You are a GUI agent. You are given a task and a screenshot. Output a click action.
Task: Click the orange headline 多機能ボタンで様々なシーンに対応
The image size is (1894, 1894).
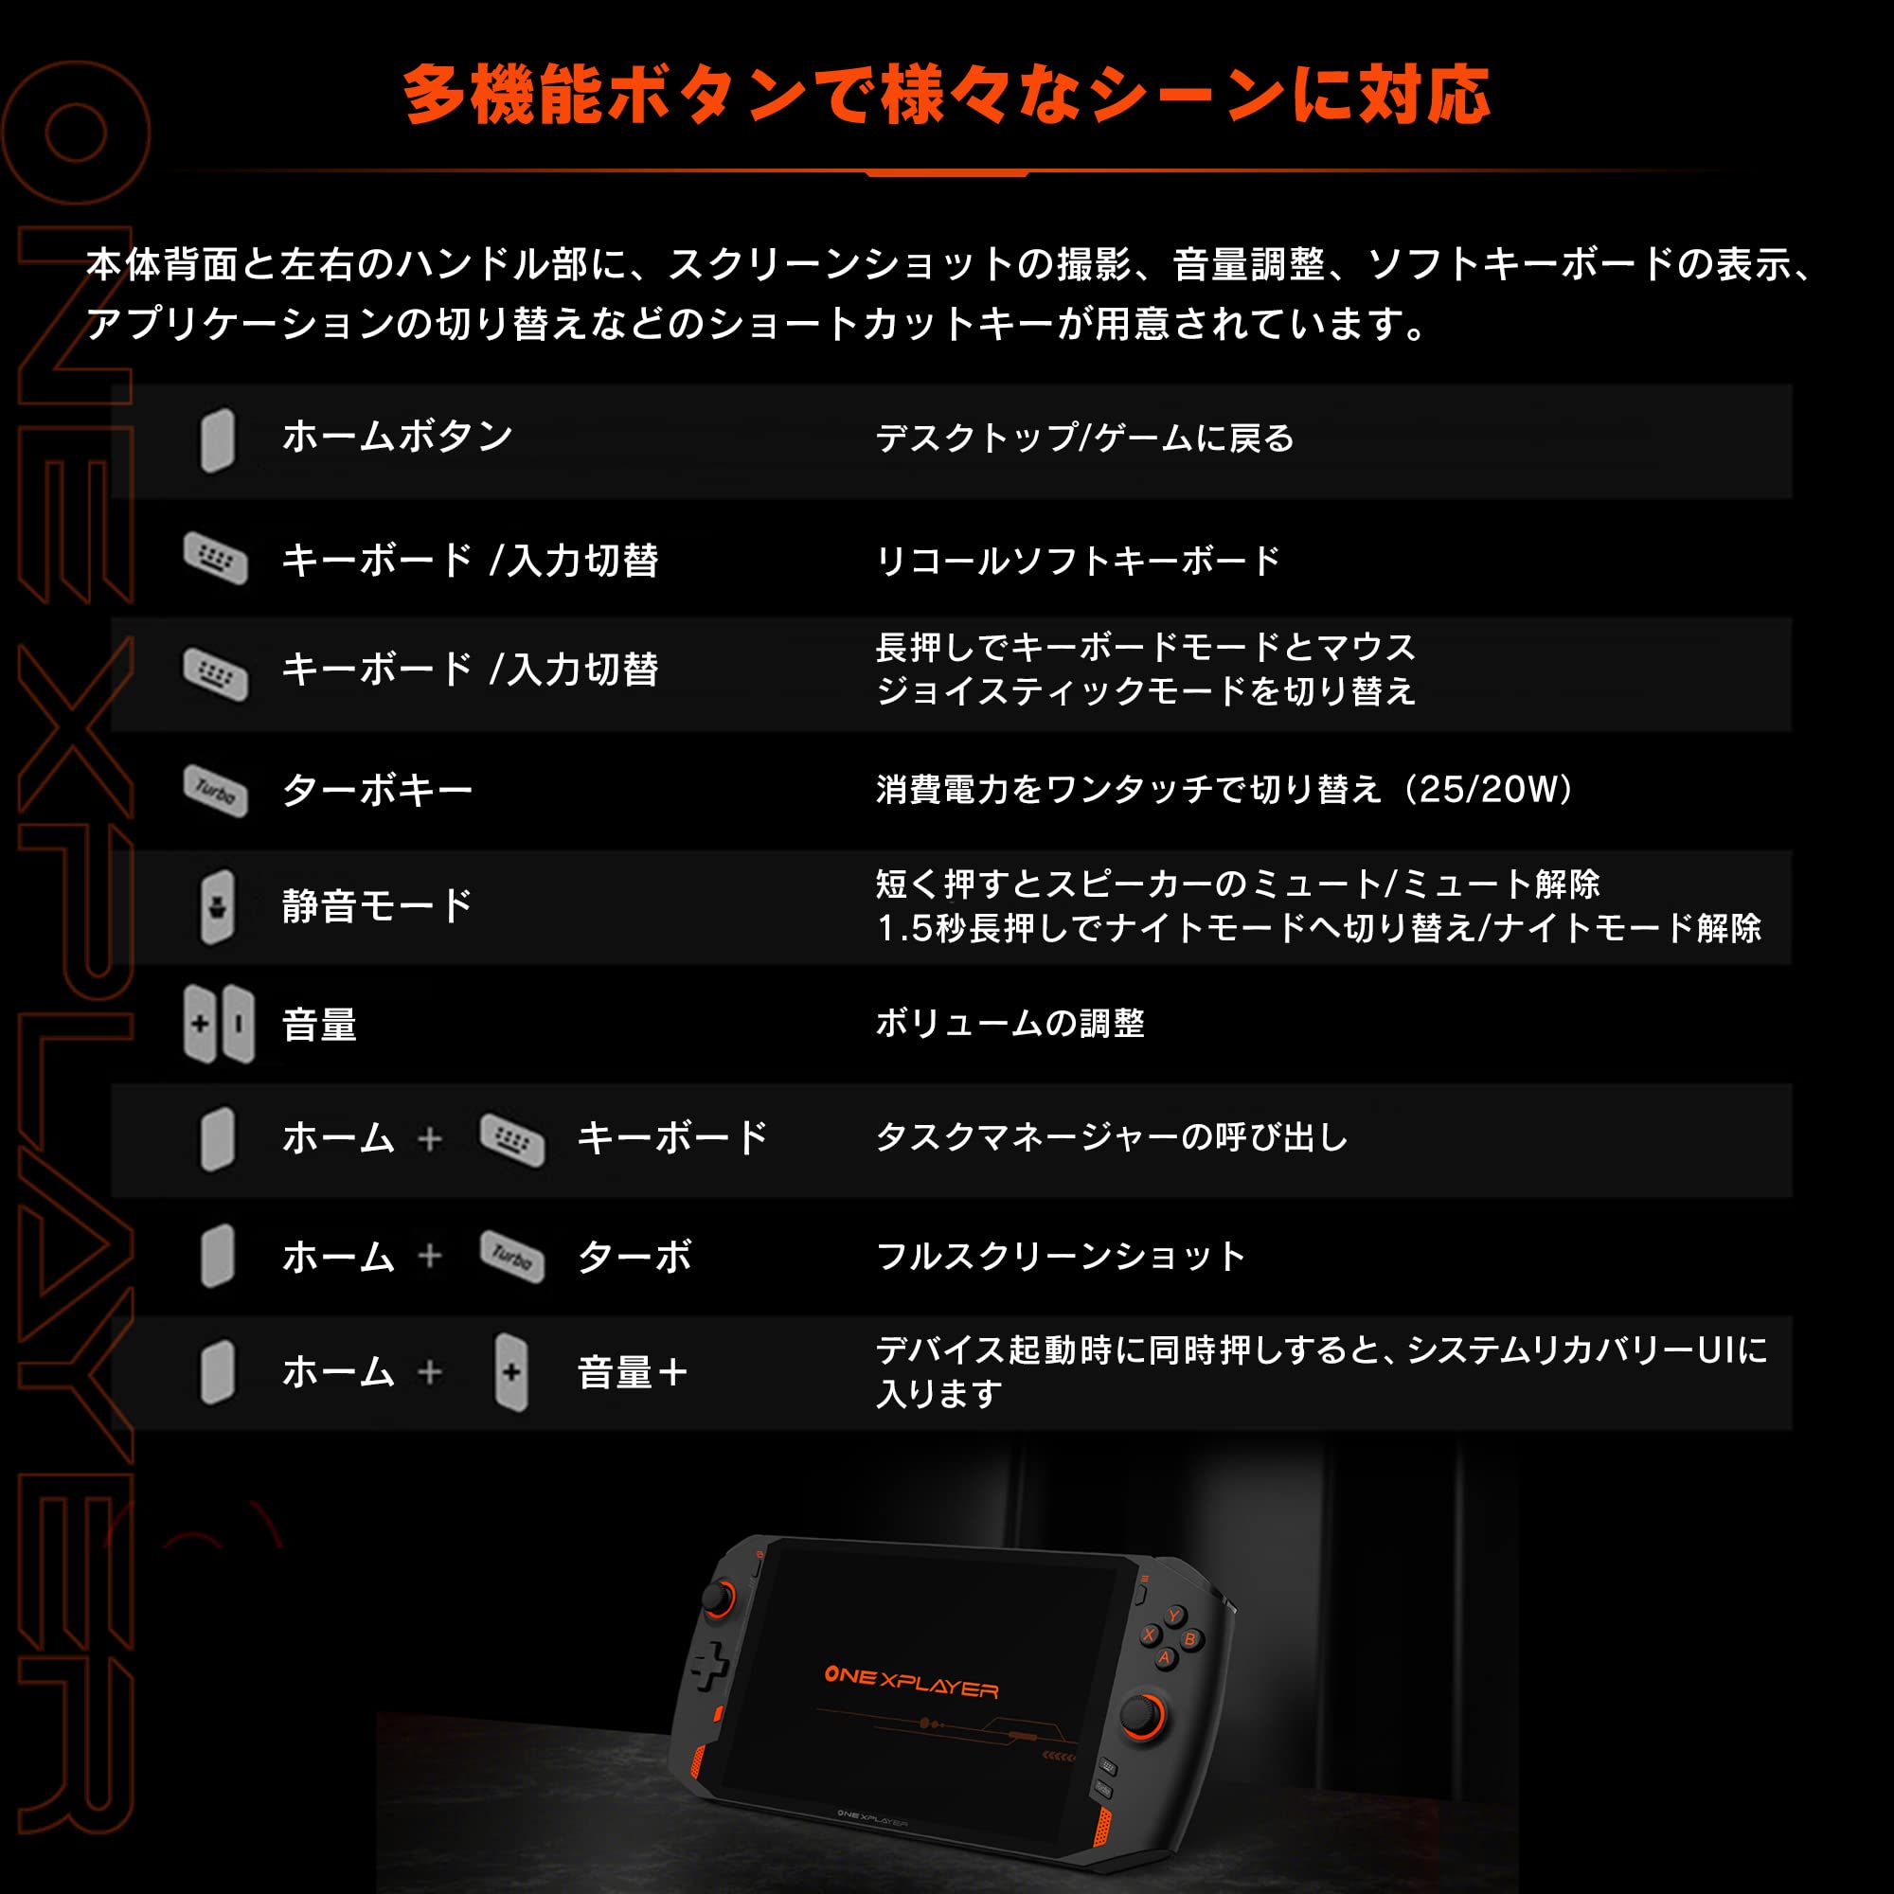click(946, 95)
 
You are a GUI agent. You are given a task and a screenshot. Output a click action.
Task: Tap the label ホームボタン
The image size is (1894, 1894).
click(397, 437)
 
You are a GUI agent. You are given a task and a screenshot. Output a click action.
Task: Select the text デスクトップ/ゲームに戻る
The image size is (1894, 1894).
click(1085, 438)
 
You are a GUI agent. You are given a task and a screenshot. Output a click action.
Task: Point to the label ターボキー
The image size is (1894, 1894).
click(378, 790)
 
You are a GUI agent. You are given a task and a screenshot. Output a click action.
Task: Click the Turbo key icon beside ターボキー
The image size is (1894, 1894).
click(216, 790)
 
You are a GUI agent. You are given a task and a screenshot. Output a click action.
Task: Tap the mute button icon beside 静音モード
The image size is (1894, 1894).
click(218, 907)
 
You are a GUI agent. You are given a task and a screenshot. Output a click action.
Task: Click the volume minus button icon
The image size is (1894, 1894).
click(239, 1025)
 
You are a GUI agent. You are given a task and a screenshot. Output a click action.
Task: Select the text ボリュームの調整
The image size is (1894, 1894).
click(1010, 1024)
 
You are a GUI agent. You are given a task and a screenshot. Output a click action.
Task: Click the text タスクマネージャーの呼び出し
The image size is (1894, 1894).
click(1112, 1138)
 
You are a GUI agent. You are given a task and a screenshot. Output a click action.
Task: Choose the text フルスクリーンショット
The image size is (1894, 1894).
click(1061, 1256)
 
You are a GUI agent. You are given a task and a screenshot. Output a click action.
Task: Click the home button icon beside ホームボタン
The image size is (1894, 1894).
click(218, 440)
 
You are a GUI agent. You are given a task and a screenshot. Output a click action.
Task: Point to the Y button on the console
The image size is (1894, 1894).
click(1173, 1616)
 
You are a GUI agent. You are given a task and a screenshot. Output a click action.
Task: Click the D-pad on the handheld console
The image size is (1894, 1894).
click(709, 1666)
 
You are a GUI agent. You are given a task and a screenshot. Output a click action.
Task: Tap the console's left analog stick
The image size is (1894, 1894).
click(721, 1599)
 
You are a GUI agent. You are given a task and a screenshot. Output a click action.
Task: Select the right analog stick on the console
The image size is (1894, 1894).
click(1141, 1715)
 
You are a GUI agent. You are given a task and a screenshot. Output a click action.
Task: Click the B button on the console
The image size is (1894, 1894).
click(1190, 1638)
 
